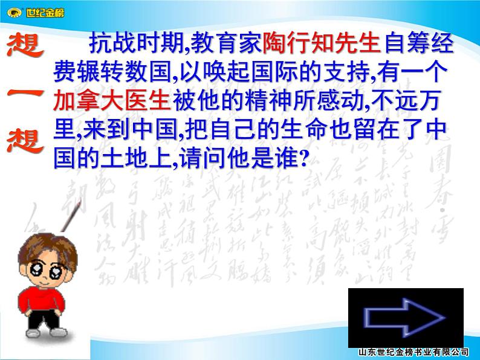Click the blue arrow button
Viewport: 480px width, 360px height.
[405, 318]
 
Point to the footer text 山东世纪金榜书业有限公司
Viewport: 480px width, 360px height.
[414, 352]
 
